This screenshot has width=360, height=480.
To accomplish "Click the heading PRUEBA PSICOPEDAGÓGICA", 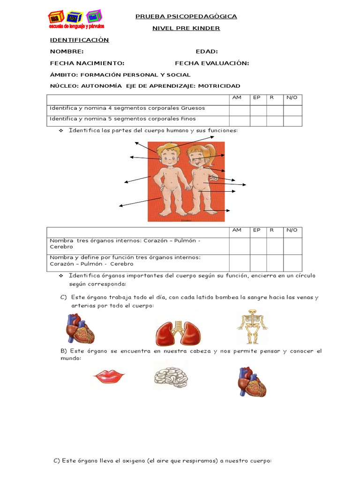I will pos(186,16).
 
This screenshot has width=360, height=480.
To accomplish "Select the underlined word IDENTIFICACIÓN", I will pos(79,40).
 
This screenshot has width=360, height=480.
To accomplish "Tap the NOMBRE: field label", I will pos(67,52).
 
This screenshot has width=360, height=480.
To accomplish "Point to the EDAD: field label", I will pos(207,52).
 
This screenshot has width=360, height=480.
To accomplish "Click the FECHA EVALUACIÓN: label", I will pos(212,63).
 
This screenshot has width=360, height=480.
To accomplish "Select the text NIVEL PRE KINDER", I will pos(186,28).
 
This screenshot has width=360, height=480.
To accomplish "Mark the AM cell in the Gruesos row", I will pos(239,110).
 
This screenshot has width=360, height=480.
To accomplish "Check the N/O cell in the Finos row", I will pos(292,120).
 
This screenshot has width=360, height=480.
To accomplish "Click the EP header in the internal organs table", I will pos(257,230).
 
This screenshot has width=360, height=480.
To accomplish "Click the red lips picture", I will pos(108,376).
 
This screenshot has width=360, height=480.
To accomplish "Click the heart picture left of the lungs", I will pos(80,329).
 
